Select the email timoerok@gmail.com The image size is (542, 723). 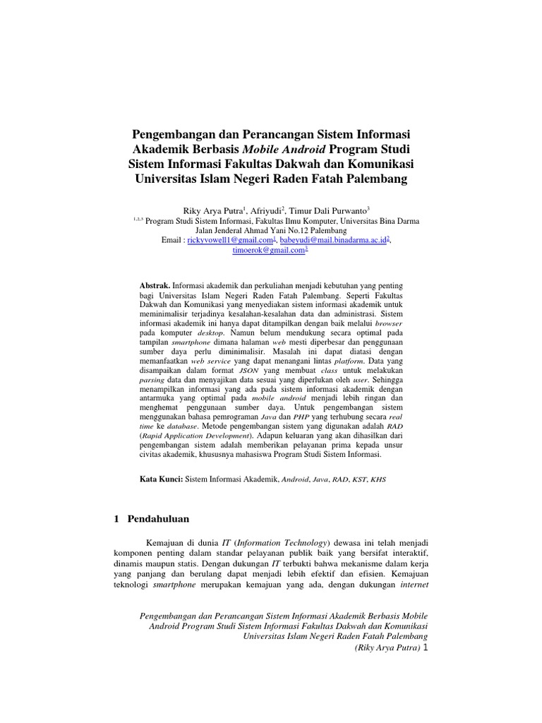tap(270, 251)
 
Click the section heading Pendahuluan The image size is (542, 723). tap(158, 520)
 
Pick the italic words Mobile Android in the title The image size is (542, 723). tap(284, 150)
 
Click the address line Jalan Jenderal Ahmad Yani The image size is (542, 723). tap(271, 230)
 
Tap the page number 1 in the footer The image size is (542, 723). tap(424, 647)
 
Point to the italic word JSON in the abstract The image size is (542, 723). tap(249, 369)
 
